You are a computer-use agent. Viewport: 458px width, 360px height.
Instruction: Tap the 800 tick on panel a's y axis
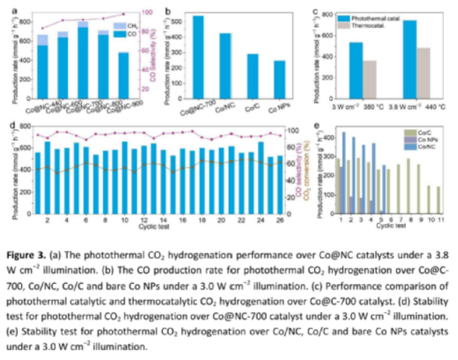[x=26, y=22]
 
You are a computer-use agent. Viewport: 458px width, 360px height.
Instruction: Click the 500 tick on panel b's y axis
[x=175, y=22]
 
